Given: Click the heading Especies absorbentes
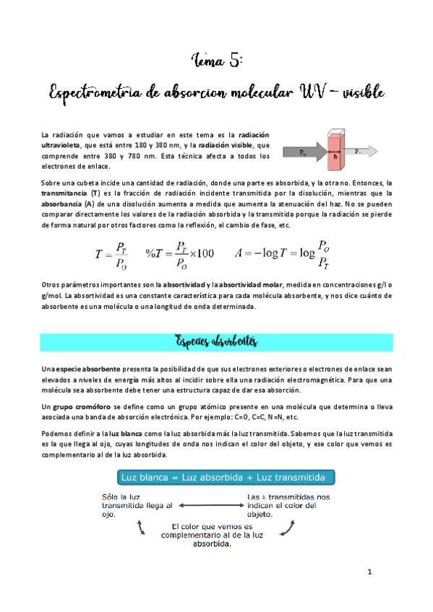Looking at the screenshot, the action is [216, 338].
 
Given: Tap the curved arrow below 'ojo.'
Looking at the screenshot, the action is [143, 528].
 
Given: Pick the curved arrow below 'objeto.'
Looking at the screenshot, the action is [287, 528].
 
